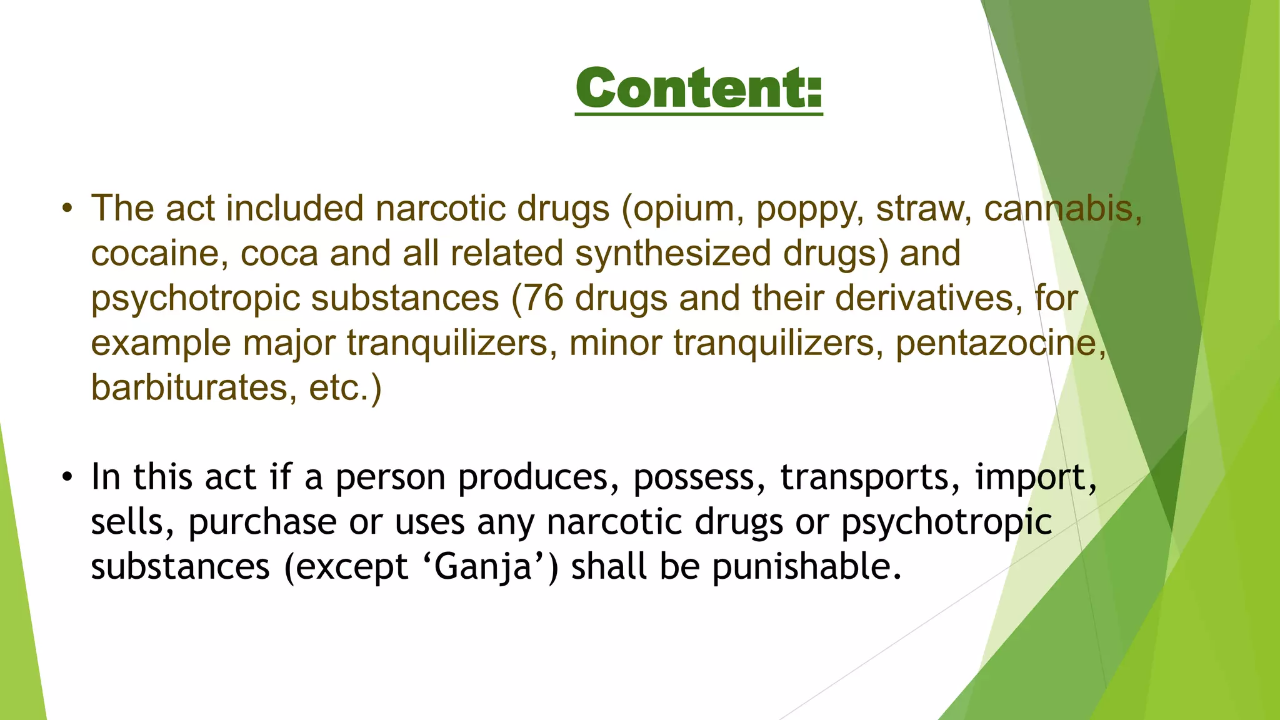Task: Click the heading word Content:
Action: pos(699,89)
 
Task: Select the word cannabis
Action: pos(1062,209)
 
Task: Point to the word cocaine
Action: pos(159,254)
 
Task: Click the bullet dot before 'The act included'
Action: pos(67,209)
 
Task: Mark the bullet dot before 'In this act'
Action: pos(67,477)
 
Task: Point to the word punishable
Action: pos(806,567)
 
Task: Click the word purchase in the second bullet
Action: pos(262,522)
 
